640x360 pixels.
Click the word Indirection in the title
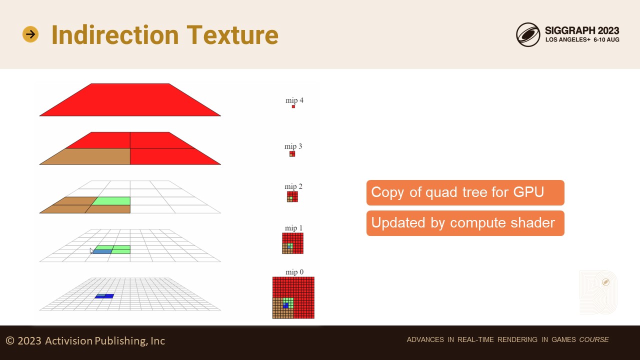click(115, 34)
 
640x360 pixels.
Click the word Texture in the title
click(232, 34)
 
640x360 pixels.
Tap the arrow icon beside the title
click(30, 34)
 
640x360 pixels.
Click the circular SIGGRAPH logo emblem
click(528, 34)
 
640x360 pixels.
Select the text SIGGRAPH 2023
click(582, 30)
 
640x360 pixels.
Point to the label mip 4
click(294, 100)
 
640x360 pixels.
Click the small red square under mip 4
click(293, 106)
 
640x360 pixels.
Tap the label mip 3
click(293, 146)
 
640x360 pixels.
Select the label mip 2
click(293, 186)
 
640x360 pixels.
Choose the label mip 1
click(293, 228)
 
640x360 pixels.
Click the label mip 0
click(294, 272)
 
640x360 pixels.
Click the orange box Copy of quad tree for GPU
click(465, 192)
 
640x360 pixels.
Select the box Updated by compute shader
click(465, 223)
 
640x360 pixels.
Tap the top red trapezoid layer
click(130, 99)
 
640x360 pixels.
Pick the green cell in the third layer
click(112, 201)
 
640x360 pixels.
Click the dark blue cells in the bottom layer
click(104, 296)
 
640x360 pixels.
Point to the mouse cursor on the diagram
click(91, 250)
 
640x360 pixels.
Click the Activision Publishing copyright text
click(85, 340)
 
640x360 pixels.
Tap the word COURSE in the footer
click(594, 339)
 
